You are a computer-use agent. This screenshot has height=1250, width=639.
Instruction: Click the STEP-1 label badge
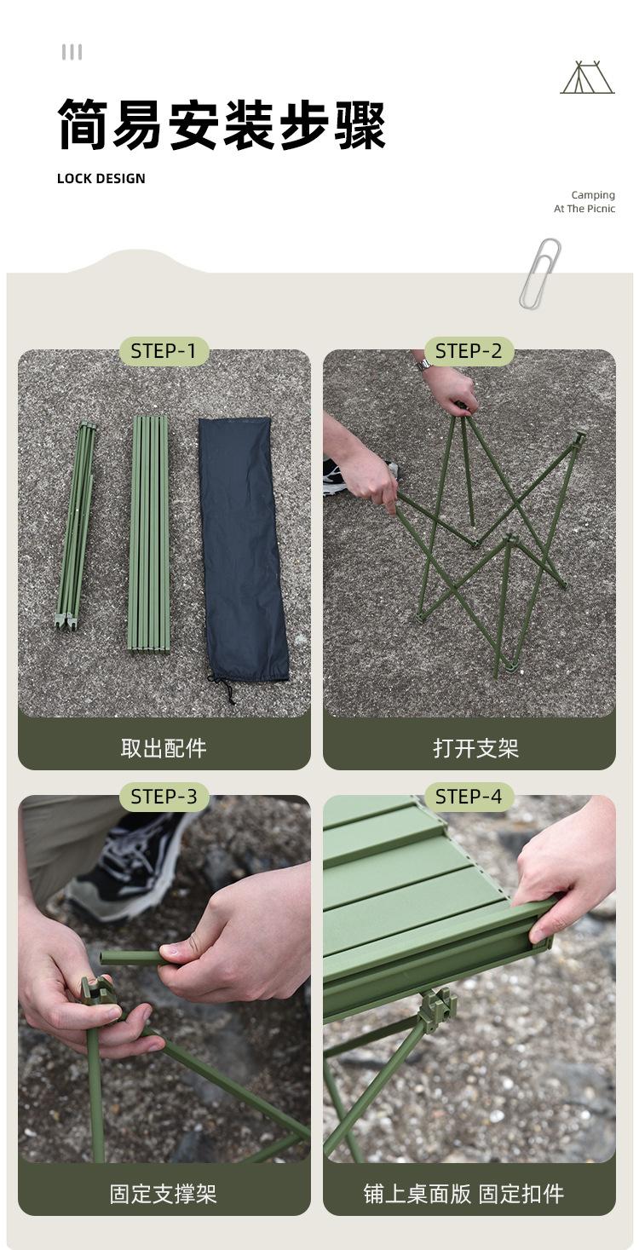click(x=164, y=352)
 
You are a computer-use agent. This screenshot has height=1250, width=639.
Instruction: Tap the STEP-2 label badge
click(x=469, y=352)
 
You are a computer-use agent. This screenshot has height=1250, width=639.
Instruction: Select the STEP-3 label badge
click(x=164, y=797)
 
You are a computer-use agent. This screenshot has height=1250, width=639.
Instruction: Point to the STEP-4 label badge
click(x=469, y=797)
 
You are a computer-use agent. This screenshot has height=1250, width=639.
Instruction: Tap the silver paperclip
click(x=540, y=273)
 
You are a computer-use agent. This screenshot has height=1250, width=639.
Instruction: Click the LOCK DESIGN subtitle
click(x=101, y=179)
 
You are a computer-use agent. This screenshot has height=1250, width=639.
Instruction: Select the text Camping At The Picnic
click(x=584, y=201)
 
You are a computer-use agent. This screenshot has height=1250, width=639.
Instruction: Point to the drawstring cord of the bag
click(x=223, y=689)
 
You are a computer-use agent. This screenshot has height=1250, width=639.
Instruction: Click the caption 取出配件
click(x=164, y=748)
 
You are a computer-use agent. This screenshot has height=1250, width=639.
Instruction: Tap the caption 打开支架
click(x=476, y=748)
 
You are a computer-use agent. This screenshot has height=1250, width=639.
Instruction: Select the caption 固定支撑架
click(x=163, y=1194)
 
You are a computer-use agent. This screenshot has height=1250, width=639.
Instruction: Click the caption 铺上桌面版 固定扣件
click(x=463, y=1194)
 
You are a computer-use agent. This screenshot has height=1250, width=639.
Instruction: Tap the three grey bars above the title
click(x=72, y=53)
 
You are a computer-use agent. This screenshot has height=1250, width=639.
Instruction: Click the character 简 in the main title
click(x=83, y=124)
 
